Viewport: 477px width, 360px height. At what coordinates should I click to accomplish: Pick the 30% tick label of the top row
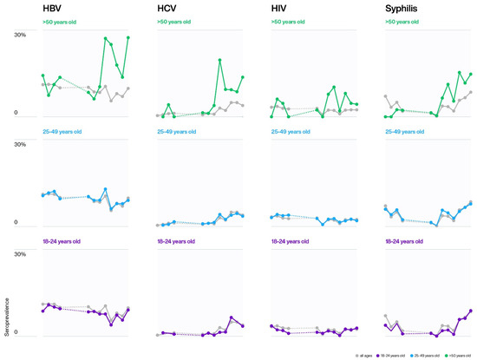pos(20,35)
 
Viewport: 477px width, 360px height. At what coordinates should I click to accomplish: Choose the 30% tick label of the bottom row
pos(20,254)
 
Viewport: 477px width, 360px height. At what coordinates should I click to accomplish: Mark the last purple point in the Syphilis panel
pos(471,311)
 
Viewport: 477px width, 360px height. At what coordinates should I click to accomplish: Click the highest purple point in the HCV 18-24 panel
pos(232,317)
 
